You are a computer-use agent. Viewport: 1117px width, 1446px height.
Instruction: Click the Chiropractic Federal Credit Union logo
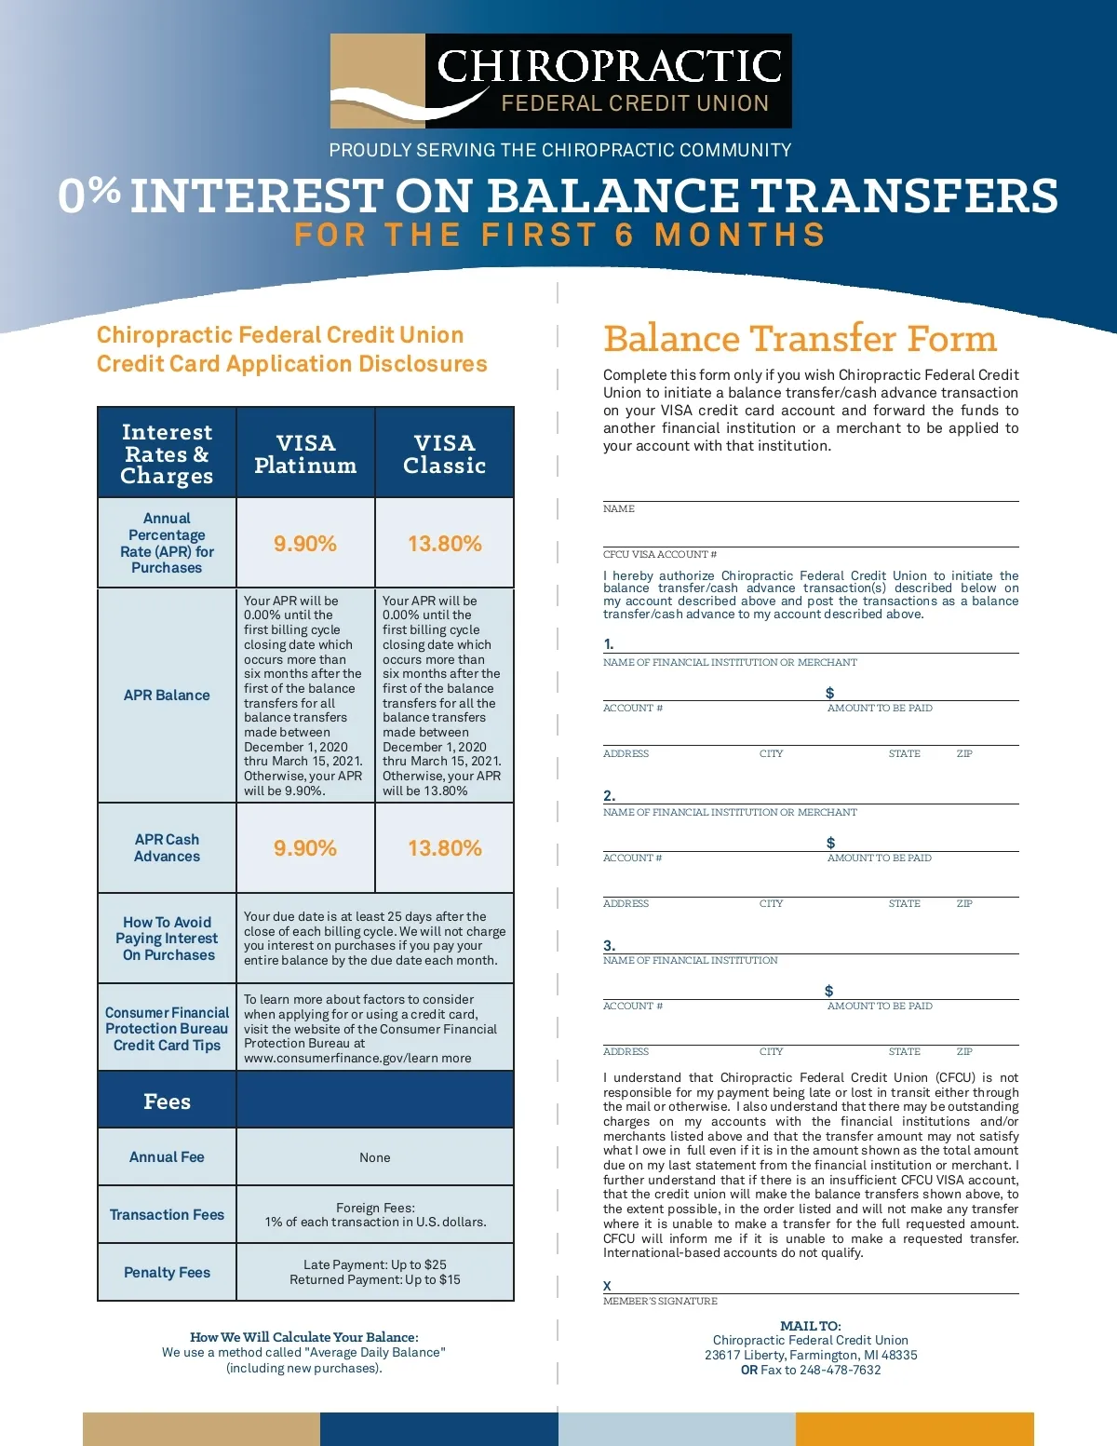[560, 81]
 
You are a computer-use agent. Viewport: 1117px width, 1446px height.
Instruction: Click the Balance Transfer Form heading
[800, 338]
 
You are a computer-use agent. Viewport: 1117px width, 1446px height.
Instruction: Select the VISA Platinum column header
[305, 453]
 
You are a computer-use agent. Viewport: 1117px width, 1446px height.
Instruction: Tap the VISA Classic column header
[444, 453]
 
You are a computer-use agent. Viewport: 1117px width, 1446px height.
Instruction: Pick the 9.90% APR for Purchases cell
[305, 544]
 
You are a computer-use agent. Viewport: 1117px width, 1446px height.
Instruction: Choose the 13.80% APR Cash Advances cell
[444, 848]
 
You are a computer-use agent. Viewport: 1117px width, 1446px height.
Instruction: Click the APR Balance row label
[167, 696]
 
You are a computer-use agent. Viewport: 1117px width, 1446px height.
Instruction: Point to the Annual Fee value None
[375, 1157]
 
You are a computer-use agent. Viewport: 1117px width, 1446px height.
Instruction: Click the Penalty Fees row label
[167, 1273]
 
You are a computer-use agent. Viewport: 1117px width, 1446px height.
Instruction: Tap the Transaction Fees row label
[167, 1215]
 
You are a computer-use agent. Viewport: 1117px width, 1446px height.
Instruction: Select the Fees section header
[167, 1101]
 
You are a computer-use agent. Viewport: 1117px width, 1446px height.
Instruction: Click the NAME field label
[619, 509]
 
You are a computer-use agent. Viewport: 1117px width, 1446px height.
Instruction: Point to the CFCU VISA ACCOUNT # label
[660, 555]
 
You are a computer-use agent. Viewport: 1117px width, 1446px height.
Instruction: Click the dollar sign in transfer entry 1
[830, 693]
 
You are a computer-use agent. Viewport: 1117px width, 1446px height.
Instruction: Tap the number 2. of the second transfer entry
[609, 796]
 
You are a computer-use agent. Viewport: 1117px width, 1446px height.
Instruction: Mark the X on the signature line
[607, 1286]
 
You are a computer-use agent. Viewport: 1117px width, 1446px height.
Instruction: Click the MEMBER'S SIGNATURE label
[660, 1302]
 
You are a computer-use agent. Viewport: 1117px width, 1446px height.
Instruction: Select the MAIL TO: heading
[811, 1326]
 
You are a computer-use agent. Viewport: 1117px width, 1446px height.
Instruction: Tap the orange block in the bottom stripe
[914, 1428]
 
